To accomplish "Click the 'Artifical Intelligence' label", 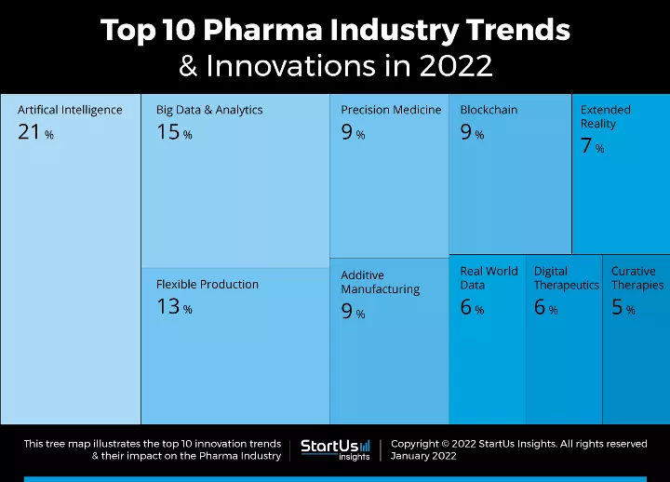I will (70, 110).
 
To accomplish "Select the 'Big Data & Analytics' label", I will (209, 110).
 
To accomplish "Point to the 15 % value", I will (174, 133).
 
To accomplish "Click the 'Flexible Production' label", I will (208, 285).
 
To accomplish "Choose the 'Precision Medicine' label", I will (391, 110).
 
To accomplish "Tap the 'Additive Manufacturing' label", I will (380, 282).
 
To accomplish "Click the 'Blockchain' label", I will (489, 110).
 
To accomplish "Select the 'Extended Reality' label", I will (605, 116).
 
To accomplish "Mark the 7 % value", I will (593, 147).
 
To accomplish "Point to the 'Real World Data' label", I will (489, 278).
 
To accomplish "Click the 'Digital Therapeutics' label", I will (566, 278).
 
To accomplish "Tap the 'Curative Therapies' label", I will (637, 278).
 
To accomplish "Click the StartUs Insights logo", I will (335, 449).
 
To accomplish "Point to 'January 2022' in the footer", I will (423, 457).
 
